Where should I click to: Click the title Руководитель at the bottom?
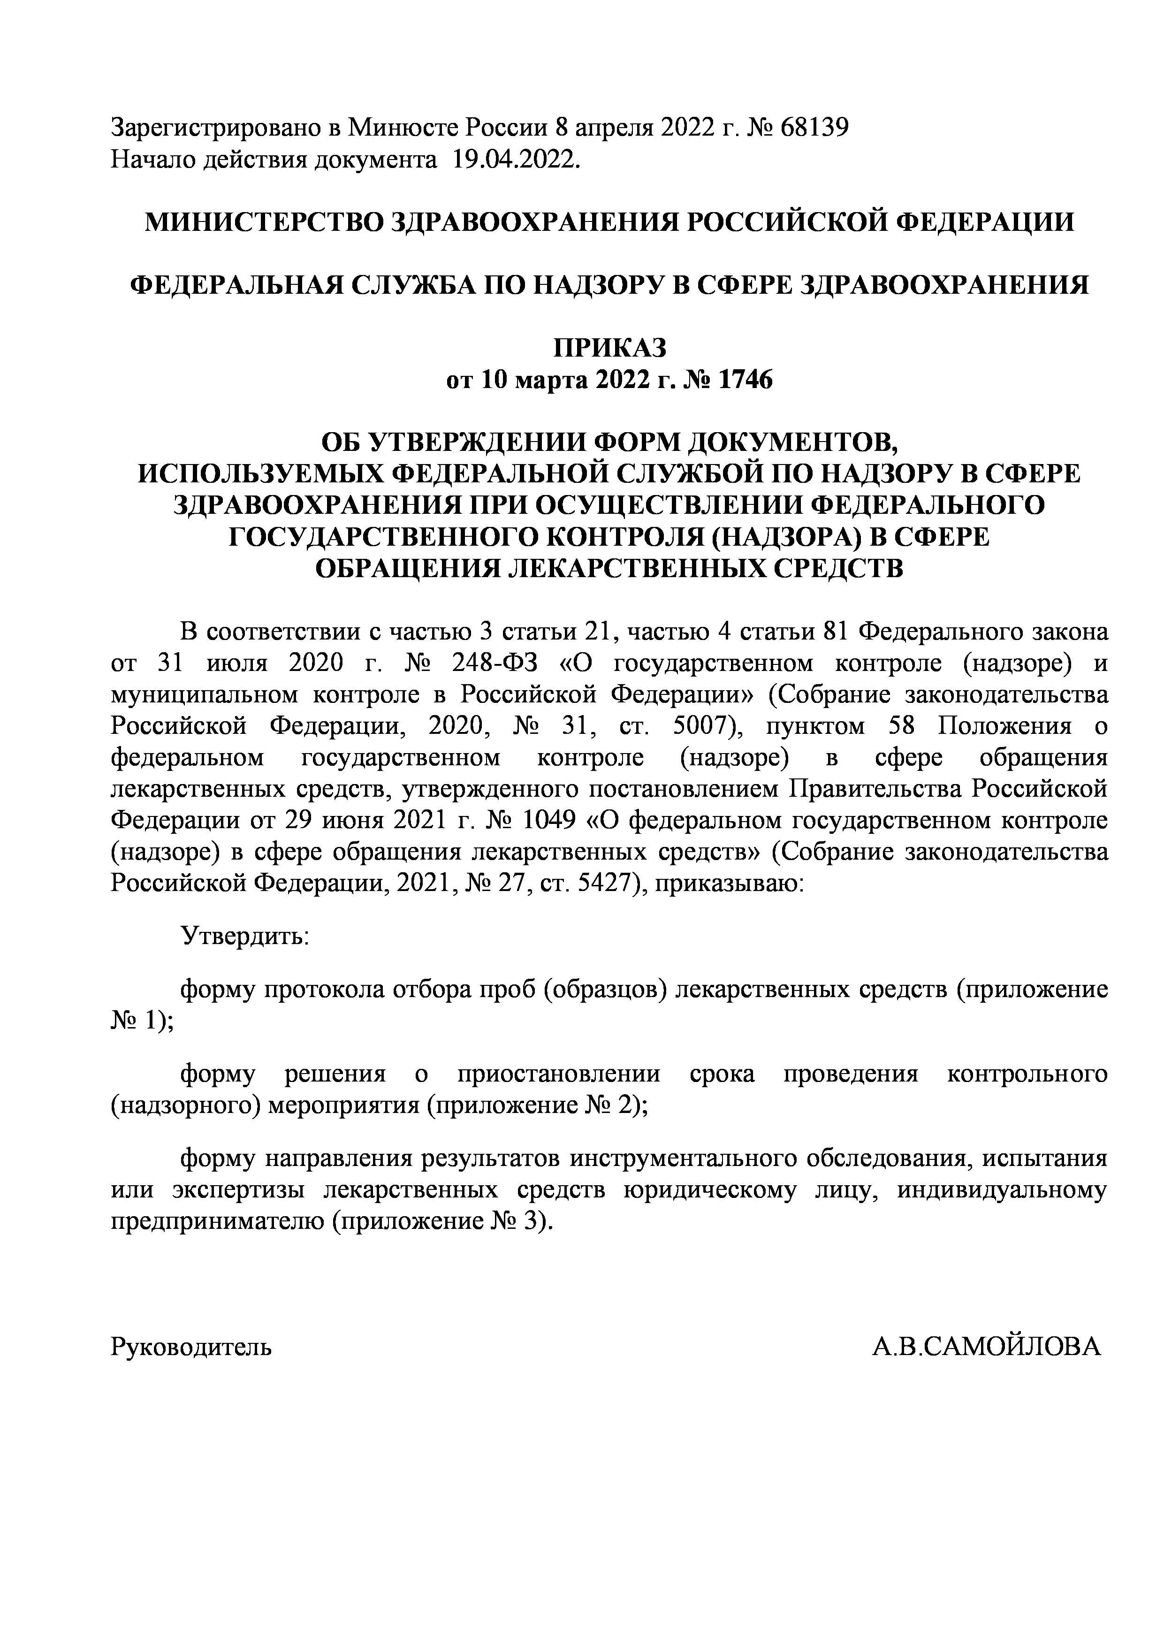[191, 1347]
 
